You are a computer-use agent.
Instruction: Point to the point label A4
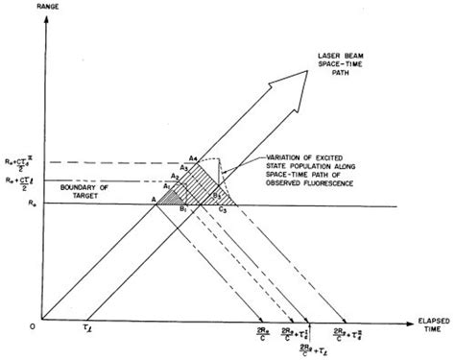pyautogui.click(x=194, y=156)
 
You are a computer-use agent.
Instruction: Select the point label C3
pyautogui.click(x=223, y=208)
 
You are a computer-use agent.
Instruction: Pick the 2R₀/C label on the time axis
pyautogui.click(x=271, y=335)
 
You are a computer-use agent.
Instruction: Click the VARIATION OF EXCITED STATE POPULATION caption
pyautogui.click(x=309, y=167)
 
